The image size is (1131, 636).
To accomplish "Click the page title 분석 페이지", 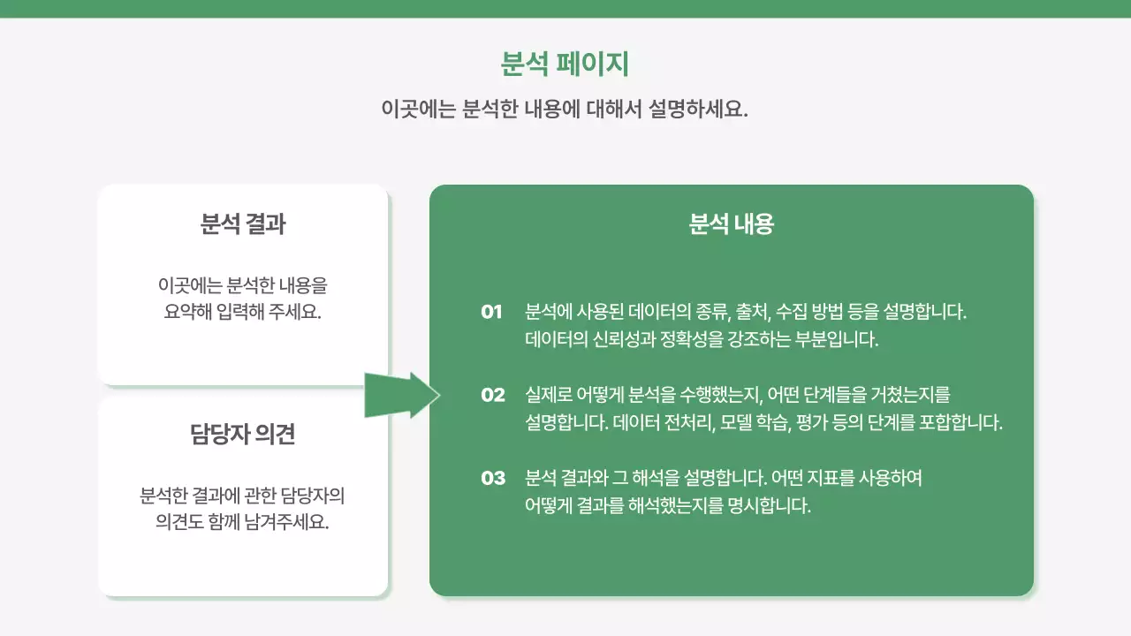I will [x=565, y=64].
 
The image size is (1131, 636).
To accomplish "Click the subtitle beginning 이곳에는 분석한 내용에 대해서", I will [x=565, y=110].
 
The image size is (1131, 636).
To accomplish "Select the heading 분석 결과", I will [x=243, y=224].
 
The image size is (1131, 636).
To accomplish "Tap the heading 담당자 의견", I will [x=243, y=434].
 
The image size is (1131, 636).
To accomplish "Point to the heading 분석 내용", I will [x=731, y=224].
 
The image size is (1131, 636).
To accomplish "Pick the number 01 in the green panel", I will [x=492, y=312].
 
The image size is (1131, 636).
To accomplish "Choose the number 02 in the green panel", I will [x=493, y=395].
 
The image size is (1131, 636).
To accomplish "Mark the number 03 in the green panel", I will [x=493, y=478].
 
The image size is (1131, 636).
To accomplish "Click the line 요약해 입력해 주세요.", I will [x=243, y=313].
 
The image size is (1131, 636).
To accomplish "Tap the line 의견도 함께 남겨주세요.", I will [x=243, y=521].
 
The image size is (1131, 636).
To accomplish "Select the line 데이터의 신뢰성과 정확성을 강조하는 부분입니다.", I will [x=702, y=339].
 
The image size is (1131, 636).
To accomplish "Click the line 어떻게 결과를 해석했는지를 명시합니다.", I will [x=667, y=506].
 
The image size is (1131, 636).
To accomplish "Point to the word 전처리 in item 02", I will [x=687, y=422].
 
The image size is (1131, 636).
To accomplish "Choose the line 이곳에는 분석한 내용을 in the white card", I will [x=243, y=285].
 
